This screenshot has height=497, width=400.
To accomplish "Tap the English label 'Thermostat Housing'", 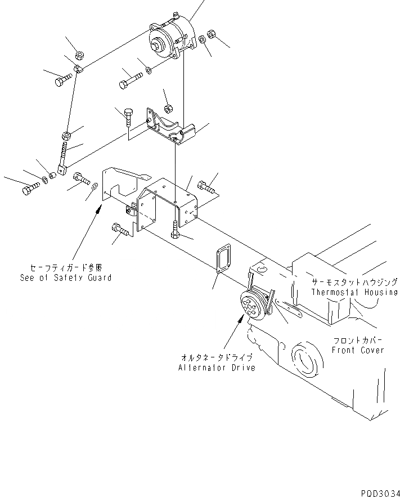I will pos(354,292).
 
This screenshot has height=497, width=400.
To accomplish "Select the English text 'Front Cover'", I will pos(357,350).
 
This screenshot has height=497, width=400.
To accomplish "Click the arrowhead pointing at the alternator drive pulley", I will pos(243,319).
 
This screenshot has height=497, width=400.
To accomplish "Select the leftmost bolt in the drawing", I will pos(29,190).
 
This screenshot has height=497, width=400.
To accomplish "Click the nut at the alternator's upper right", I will pos(212,34).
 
